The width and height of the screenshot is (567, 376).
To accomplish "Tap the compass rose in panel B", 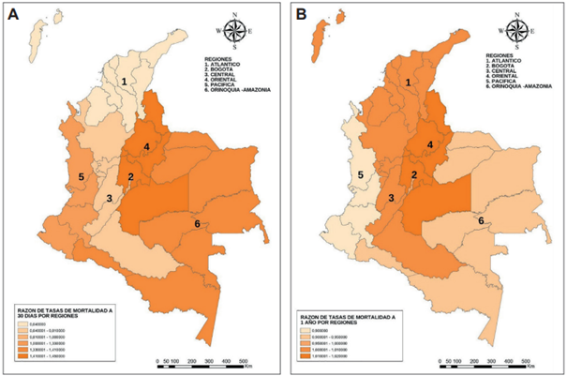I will pos(521,31).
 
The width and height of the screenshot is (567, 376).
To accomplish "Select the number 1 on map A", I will pos(123,83).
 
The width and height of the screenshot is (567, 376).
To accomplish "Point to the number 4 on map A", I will pos(146,147).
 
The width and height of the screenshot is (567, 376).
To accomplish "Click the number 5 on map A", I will pos(82,176).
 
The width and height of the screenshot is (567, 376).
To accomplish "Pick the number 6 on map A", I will pos(196,223).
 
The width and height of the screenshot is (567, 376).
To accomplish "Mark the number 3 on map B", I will pos(391,198).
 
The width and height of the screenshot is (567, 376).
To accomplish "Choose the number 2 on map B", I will pos(414,175).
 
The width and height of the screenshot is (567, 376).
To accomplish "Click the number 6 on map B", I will pos(481,220).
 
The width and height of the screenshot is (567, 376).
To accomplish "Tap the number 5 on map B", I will pos(360,175).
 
